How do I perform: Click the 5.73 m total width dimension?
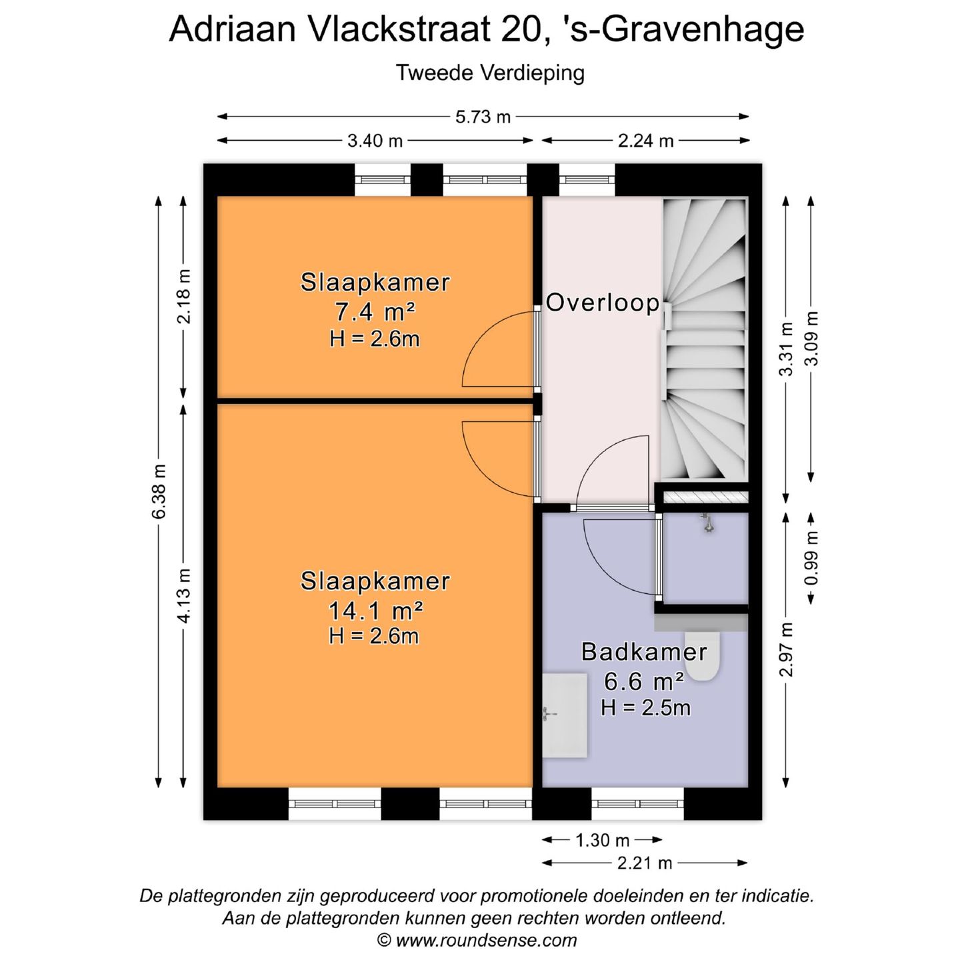click(x=483, y=117)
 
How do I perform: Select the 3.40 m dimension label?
click(x=375, y=141)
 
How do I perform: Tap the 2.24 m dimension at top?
click(x=645, y=141)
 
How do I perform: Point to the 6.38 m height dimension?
click(x=159, y=492)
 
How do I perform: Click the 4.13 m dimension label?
click(x=184, y=595)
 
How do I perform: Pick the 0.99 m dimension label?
click(x=811, y=558)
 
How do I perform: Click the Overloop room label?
click(x=603, y=303)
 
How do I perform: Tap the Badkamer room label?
click(x=643, y=651)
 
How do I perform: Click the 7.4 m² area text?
click(x=375, y=311)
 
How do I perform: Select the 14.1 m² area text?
click(x=375, y=609)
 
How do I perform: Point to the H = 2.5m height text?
click(x=645, y=707)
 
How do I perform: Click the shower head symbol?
click(x=708, y=523)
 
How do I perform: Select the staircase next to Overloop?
click(x=704, y=340)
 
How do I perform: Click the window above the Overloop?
click(x=586, y=179)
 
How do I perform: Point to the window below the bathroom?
click(x=637, y=803)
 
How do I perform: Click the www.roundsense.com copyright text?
click(x=477, y=940)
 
